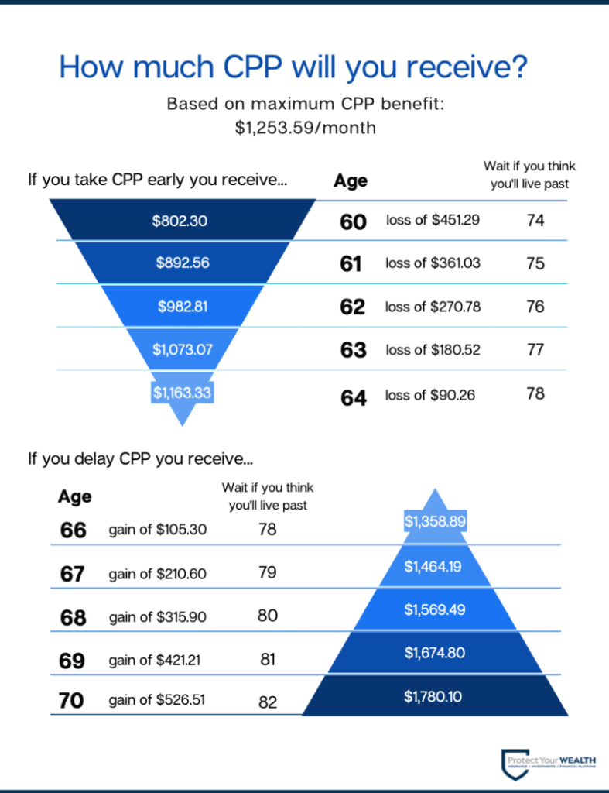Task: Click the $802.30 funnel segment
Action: [180, 221]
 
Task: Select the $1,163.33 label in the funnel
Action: [182, 393]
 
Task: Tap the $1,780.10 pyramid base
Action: [433, 697]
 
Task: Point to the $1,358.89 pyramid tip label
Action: [434, 521]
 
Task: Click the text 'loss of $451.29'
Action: [433, 220]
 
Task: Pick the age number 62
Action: [353, 307]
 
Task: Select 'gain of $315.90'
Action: [158, 616]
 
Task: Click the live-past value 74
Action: [535, 221]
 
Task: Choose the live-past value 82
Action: [267, 702]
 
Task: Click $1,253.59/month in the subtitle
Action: [306, 128]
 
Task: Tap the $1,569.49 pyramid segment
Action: [434, 609]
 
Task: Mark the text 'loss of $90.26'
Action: [430, 395]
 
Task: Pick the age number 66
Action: [73, 530]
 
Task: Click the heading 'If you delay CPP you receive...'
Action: [140, 458]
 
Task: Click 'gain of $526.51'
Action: [158, 701]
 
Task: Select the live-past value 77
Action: [535, 349]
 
